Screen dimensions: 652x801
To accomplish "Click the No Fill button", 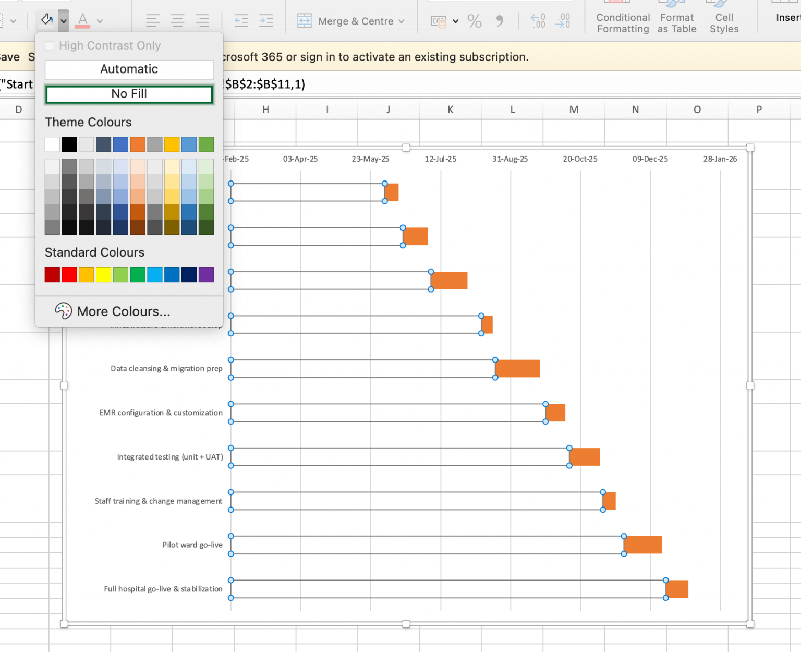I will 129,94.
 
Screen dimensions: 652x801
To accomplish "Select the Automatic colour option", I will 129,69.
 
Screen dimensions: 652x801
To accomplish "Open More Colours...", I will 123,311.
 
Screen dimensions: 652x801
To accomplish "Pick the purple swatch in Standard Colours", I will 206,274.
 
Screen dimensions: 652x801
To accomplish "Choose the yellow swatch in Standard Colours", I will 103,274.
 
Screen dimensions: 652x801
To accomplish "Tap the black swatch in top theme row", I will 69,144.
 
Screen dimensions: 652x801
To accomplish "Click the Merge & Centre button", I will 350,21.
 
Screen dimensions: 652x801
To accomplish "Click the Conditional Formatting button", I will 623,23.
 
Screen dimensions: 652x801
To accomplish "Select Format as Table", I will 676,23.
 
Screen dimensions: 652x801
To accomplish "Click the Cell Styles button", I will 724,23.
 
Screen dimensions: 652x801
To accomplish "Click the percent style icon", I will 474,21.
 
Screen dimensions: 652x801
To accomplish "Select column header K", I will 450,110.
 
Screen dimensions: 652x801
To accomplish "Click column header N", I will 635,110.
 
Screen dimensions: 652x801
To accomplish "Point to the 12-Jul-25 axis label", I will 440,159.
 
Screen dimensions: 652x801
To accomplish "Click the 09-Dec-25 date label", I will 650,159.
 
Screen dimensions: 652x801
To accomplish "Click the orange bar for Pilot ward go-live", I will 642,545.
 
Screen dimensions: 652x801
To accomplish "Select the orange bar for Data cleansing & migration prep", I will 517,369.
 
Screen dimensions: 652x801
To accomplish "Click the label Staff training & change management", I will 159,501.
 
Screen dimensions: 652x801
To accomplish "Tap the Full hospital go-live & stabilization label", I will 163,589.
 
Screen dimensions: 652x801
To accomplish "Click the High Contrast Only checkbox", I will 50,46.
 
